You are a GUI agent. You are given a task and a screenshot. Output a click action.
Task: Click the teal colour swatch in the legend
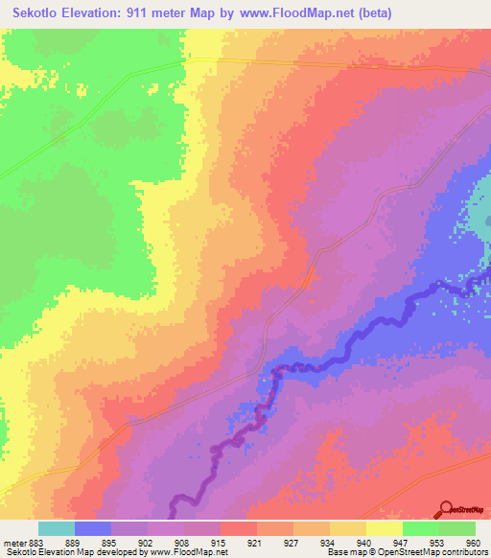[56, 528]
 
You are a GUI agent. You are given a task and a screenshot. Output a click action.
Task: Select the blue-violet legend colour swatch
[92, 528]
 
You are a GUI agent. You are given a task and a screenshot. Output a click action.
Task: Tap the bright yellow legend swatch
[384, 528]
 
